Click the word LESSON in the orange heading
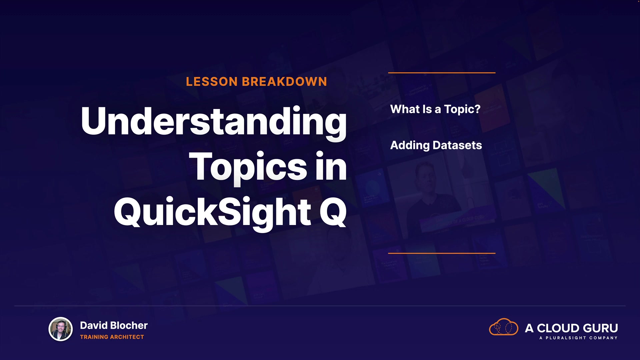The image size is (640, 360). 212,82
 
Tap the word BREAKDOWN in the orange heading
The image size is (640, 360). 284,82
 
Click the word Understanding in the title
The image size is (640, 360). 214,122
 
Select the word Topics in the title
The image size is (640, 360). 248,167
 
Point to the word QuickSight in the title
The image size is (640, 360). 213,212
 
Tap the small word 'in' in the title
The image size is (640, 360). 331,166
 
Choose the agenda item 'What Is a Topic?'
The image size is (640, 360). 435,109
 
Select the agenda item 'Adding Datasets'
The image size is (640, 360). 436,145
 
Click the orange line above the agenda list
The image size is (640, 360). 442,73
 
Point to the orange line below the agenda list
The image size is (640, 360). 442,253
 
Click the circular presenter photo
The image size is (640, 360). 61,329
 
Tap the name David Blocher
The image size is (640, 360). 114,325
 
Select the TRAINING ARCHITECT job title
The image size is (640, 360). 112,337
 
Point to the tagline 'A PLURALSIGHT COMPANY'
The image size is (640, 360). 578,338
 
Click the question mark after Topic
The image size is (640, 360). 477,109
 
